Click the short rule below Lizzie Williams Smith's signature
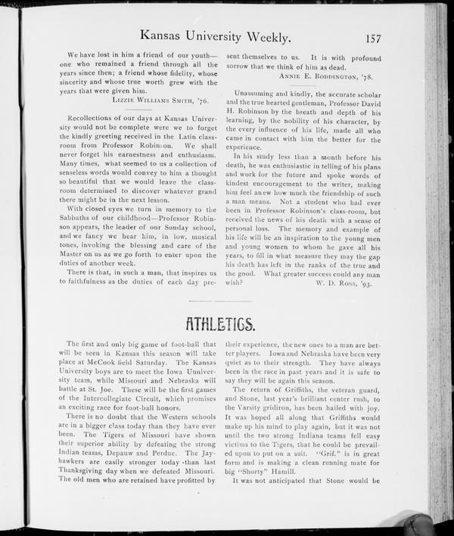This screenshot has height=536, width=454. pyautogui.click(x=130, y=110)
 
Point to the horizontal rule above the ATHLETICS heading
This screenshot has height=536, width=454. pyautogui.click(x=227, y=301)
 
